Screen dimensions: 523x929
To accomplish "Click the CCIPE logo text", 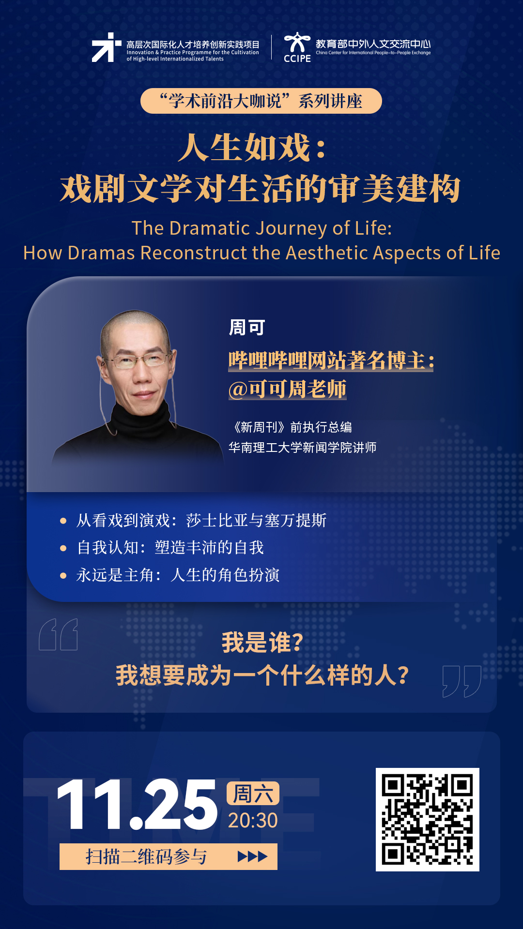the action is coord(297,59).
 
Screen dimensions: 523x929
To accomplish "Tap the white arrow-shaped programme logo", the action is coord(106,47).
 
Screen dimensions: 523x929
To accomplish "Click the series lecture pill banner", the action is coord(261,101).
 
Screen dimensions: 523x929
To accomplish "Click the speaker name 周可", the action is coord(247,328).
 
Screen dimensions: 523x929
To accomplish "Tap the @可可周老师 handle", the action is coord(288,389).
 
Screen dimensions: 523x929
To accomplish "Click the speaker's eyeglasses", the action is coord(137,360).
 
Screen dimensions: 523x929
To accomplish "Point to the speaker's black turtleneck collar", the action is coord(141,416).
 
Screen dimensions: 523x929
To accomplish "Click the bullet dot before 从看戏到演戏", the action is coord(63,521).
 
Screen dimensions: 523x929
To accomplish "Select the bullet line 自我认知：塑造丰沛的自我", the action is coord(170,548).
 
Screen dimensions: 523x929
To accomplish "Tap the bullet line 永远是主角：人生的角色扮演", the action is coord(178,575).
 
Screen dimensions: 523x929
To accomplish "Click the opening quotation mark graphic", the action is coord(59,634).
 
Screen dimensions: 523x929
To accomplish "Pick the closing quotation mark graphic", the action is coord(462,681).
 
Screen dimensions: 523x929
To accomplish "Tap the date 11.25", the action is coord(137,805).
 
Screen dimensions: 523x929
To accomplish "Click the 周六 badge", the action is coord(253,794).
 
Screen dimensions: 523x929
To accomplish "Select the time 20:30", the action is coord(253,821).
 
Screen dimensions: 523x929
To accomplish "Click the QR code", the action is coord(428,820).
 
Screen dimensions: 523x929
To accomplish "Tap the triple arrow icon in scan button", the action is coord(252,857).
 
